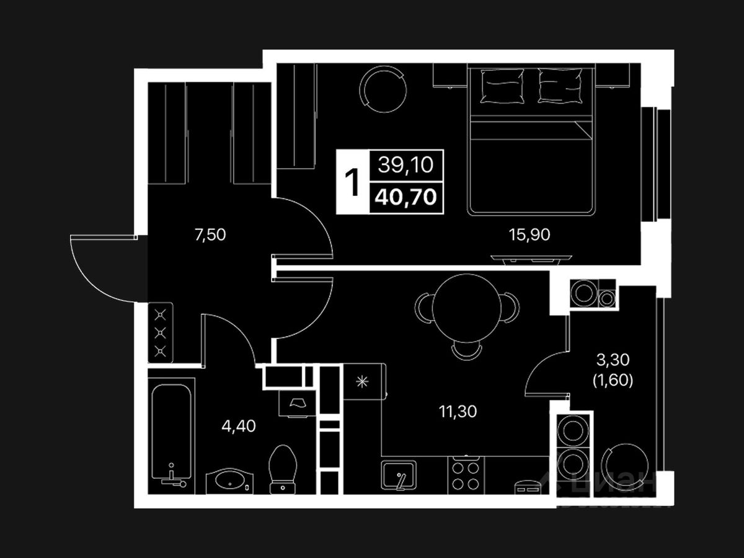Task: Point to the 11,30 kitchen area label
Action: pos(458,410)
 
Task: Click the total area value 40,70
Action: pos(406,197)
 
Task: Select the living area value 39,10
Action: pos(406,166)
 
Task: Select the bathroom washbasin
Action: pos(229,479)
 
